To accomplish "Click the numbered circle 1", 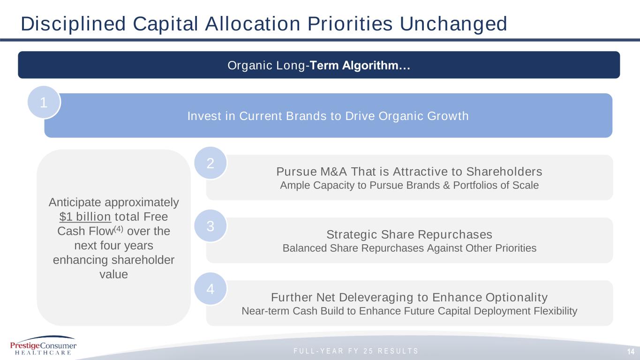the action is (x=44, y=102).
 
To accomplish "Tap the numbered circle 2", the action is (x=210, y=163).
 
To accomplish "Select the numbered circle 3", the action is (x=210, y=226).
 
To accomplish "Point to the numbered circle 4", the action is (x=210, y=289).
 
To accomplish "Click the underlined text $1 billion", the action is (x=85, y=217).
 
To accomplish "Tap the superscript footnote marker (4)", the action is (x=119, y=229).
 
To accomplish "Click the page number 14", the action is (x=631, y=352).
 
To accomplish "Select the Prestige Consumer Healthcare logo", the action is (x=43, y=345).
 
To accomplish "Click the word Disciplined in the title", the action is (x=73, y=24).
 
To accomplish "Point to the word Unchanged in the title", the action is (x=453, y=24).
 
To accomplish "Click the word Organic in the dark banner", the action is (x=250, y=66).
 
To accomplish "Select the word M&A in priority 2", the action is (x=334, y=172).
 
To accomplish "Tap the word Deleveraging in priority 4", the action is (x=377, y=298).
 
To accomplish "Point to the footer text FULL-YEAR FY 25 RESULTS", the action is (x=356, y=351).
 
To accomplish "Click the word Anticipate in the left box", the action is (x=75, y=202).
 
